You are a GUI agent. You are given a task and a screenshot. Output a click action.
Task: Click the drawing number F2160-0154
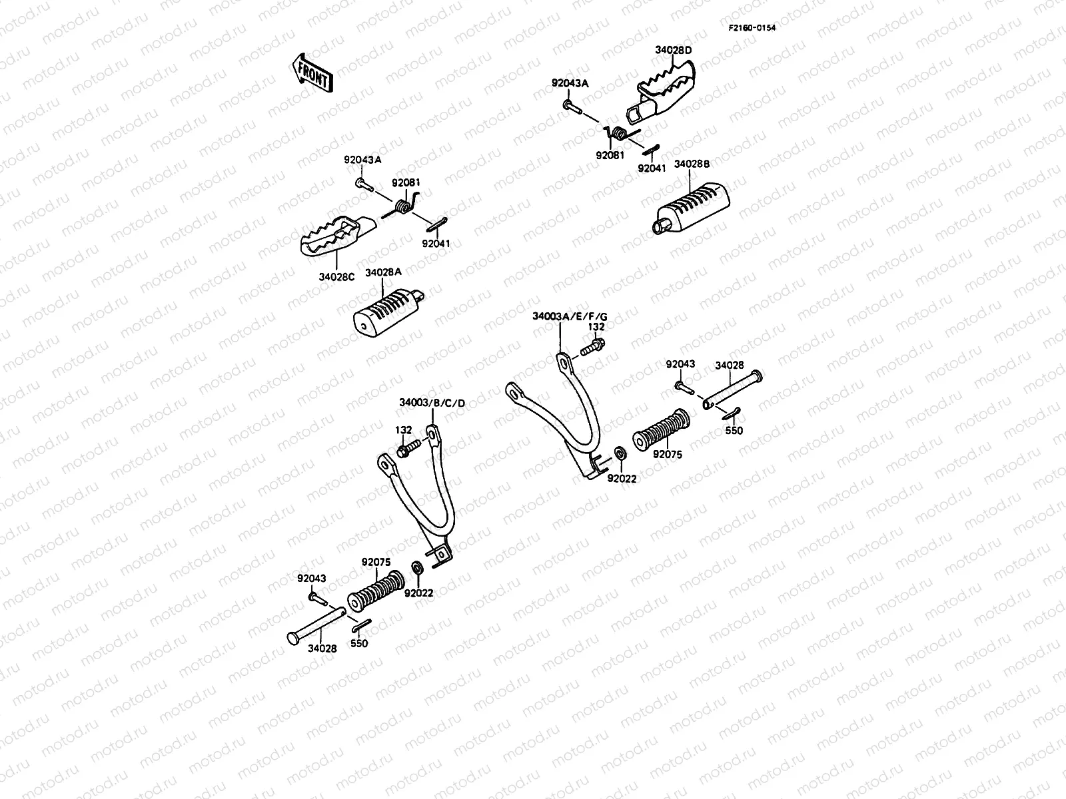point(752,27)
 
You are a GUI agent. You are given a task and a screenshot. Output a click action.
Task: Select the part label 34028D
point(673,50)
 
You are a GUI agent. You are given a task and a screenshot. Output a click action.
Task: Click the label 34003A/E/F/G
point(570,316)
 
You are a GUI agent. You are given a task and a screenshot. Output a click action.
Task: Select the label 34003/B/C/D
point(432,403)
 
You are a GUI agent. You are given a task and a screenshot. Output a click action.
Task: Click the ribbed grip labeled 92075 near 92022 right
point(661,431)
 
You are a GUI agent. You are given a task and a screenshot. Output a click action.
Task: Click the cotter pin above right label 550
point(731,413)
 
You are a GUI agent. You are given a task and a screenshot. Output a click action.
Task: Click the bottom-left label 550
point(358,644)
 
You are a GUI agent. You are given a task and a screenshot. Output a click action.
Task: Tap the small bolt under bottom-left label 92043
point(316,599)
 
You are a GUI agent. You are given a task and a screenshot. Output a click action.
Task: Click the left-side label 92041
point(436,244)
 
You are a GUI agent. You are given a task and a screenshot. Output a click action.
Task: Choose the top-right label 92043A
point(570,83)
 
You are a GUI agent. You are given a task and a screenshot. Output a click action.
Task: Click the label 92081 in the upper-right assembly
point(611,155)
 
